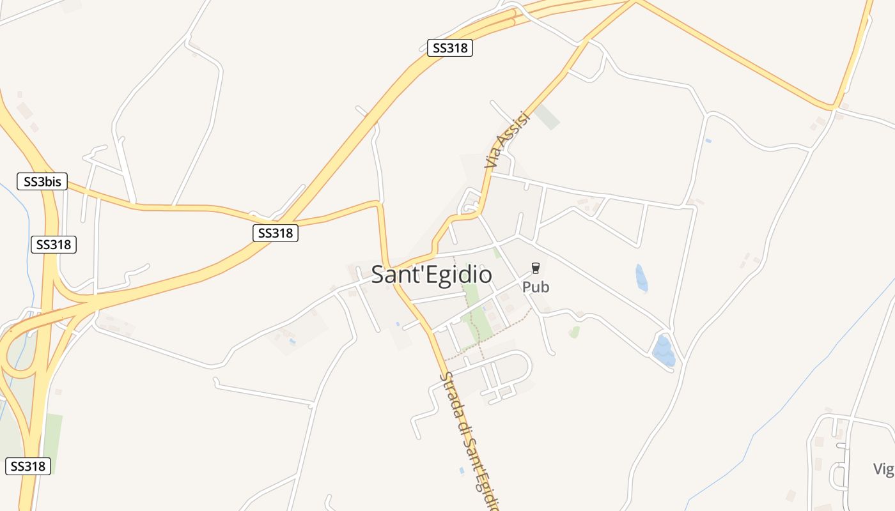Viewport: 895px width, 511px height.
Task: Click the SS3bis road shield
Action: pyautogui.click(x=42, y=181)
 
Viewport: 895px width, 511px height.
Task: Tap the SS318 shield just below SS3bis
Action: pyautogui.click(x=54, y=244)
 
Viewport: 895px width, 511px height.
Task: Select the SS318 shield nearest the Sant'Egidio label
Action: pyautogui.click(x=276, y=233)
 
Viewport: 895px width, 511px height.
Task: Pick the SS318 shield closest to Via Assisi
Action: pyautogui.click(x=450, y=48)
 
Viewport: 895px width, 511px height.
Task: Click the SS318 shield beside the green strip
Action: pyautogui.click(x=27, y=466)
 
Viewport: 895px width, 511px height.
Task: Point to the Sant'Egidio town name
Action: pyautogui.click(x=432, y=275)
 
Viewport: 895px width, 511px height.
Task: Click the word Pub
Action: pyautogui.click(x=536, y=287)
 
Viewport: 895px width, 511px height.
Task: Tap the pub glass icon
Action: pyautogui.click(x=536, y=269)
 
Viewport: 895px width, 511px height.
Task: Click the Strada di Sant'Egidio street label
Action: pyautogui.click(x=469, y=441)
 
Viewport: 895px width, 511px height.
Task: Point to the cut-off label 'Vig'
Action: pyautogui.click(x=883, y=469)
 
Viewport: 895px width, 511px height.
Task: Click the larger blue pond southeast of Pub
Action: pyautogui.click(x=664, y=351)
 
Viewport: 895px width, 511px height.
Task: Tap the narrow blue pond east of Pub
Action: pyautogui.click(x=641, y=278)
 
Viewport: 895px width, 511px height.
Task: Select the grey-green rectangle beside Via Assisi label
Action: pyautogui.click(x=547, y=117)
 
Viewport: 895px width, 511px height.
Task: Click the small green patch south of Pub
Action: pyautogui.click(x=574, y=332)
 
